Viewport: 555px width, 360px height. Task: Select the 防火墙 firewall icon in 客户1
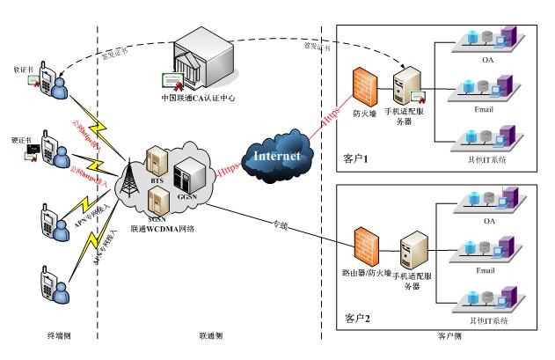coord(363,87)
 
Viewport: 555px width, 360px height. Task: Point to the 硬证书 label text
coord(22,138)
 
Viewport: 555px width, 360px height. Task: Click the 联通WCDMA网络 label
coord(162,229)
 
